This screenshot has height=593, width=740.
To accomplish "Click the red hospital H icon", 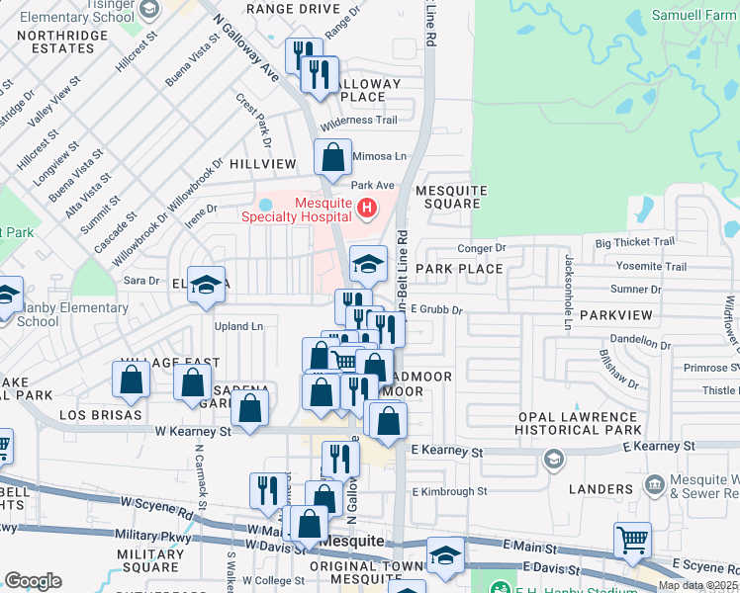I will click(367, 209).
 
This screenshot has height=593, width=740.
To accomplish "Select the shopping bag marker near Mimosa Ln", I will click(333, 157).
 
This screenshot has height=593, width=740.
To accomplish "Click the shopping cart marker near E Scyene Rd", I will click(632, 541).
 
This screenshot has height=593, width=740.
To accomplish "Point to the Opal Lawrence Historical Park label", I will click(580, 423).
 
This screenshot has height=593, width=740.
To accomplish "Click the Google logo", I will click(33, 581).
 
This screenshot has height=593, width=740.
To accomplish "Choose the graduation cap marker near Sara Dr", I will click(206, 285).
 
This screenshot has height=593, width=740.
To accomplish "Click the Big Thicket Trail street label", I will click(634, 241).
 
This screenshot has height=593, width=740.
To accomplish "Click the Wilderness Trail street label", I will click(359, 121).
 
